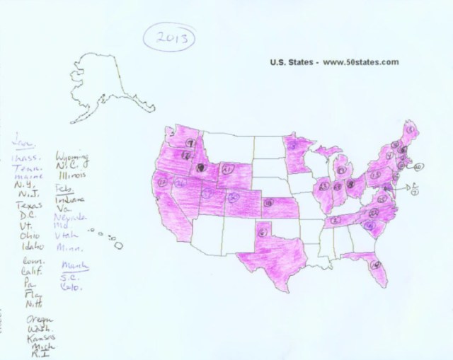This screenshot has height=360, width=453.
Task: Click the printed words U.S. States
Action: point(291,62)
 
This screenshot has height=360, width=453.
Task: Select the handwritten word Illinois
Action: point(73,173)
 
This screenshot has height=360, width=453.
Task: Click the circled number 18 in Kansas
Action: point(268,203)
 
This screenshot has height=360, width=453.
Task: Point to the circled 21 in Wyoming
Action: point(226,170)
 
